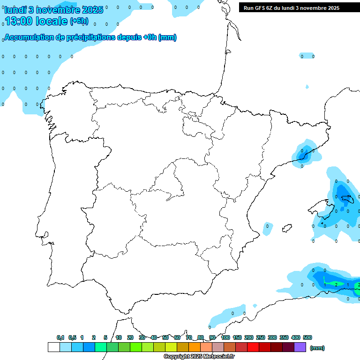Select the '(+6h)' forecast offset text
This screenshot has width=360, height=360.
click(79, 21)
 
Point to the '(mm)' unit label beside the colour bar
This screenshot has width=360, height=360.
click(317, 348)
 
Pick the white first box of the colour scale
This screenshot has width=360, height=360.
click(53, 347)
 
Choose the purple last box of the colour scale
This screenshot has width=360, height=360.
click(300, 347)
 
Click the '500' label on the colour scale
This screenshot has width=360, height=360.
click(307, 337)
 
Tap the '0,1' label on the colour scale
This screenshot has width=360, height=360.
click(60, 337)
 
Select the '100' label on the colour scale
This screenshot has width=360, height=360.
click(225, 337)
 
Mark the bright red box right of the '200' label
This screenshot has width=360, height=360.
click(253, 347)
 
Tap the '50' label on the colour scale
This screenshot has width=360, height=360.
click(165, 337)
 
